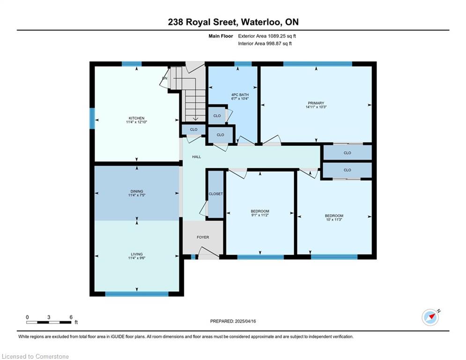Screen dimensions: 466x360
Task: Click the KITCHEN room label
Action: (136, 118)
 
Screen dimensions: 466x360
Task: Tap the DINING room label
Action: (137, 191)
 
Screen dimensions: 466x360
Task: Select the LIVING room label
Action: (137, 254)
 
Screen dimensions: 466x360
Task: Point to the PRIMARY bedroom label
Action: (316, 103)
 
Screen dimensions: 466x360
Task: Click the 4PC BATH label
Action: (240, 95)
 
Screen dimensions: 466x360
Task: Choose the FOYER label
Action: (203, 237)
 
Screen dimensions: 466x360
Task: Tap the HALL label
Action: (196, 157)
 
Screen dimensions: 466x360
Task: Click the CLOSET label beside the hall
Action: (216, 194)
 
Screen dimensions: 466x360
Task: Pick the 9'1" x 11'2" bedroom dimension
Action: (260, 215)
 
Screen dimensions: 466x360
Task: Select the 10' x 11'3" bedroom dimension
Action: (334, 219)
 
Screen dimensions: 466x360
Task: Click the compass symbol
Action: (430, 317)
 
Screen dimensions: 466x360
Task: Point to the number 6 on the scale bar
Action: (71, 317)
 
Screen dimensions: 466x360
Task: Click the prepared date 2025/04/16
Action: (245, 321)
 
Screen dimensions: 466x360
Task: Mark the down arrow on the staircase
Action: (195, 118)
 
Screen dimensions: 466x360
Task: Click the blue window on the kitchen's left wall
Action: (92, 119)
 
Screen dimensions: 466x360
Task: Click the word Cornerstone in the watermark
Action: (52, 356)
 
